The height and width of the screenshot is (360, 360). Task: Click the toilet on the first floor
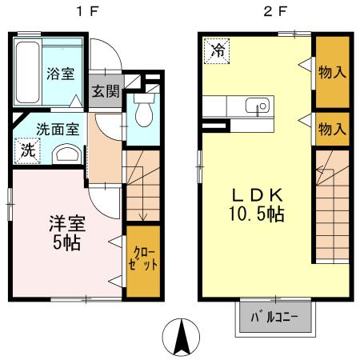(x=142, y=112)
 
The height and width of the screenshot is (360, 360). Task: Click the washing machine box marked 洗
(x=27, y=150)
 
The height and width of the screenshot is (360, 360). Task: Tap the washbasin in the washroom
(x=66, y=154)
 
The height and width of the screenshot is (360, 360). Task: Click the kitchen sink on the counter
(x=258, y=106)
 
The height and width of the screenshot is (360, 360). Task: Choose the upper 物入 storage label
(x=333, y=72)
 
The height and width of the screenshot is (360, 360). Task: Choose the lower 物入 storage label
(x=333, y=127)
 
